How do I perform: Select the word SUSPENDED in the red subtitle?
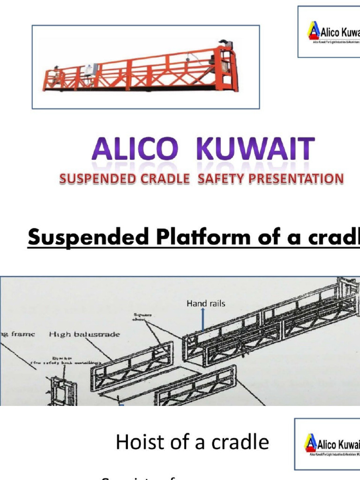(92, 179)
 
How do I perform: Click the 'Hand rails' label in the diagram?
(206, 303)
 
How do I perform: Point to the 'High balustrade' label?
(84, 334)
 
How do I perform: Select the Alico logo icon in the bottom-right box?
(310, 443)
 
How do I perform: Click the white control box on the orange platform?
(91, 69)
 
